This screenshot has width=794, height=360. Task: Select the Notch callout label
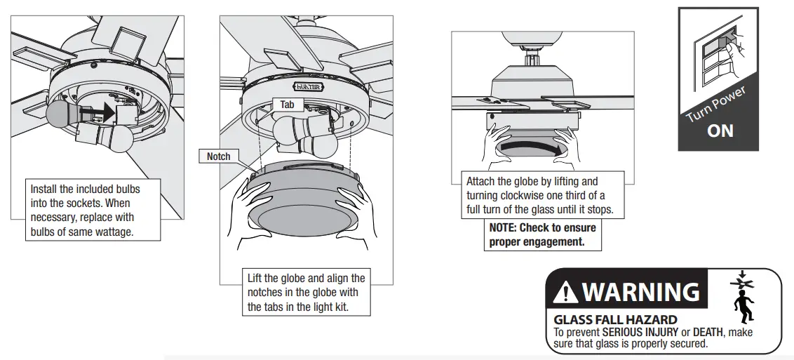point(218,156)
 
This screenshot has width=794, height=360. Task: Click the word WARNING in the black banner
point(640,291)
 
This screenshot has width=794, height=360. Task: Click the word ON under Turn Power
point(720,131)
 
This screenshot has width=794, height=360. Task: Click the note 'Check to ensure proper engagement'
point(543,234)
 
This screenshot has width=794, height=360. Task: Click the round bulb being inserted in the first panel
point(60,113)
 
